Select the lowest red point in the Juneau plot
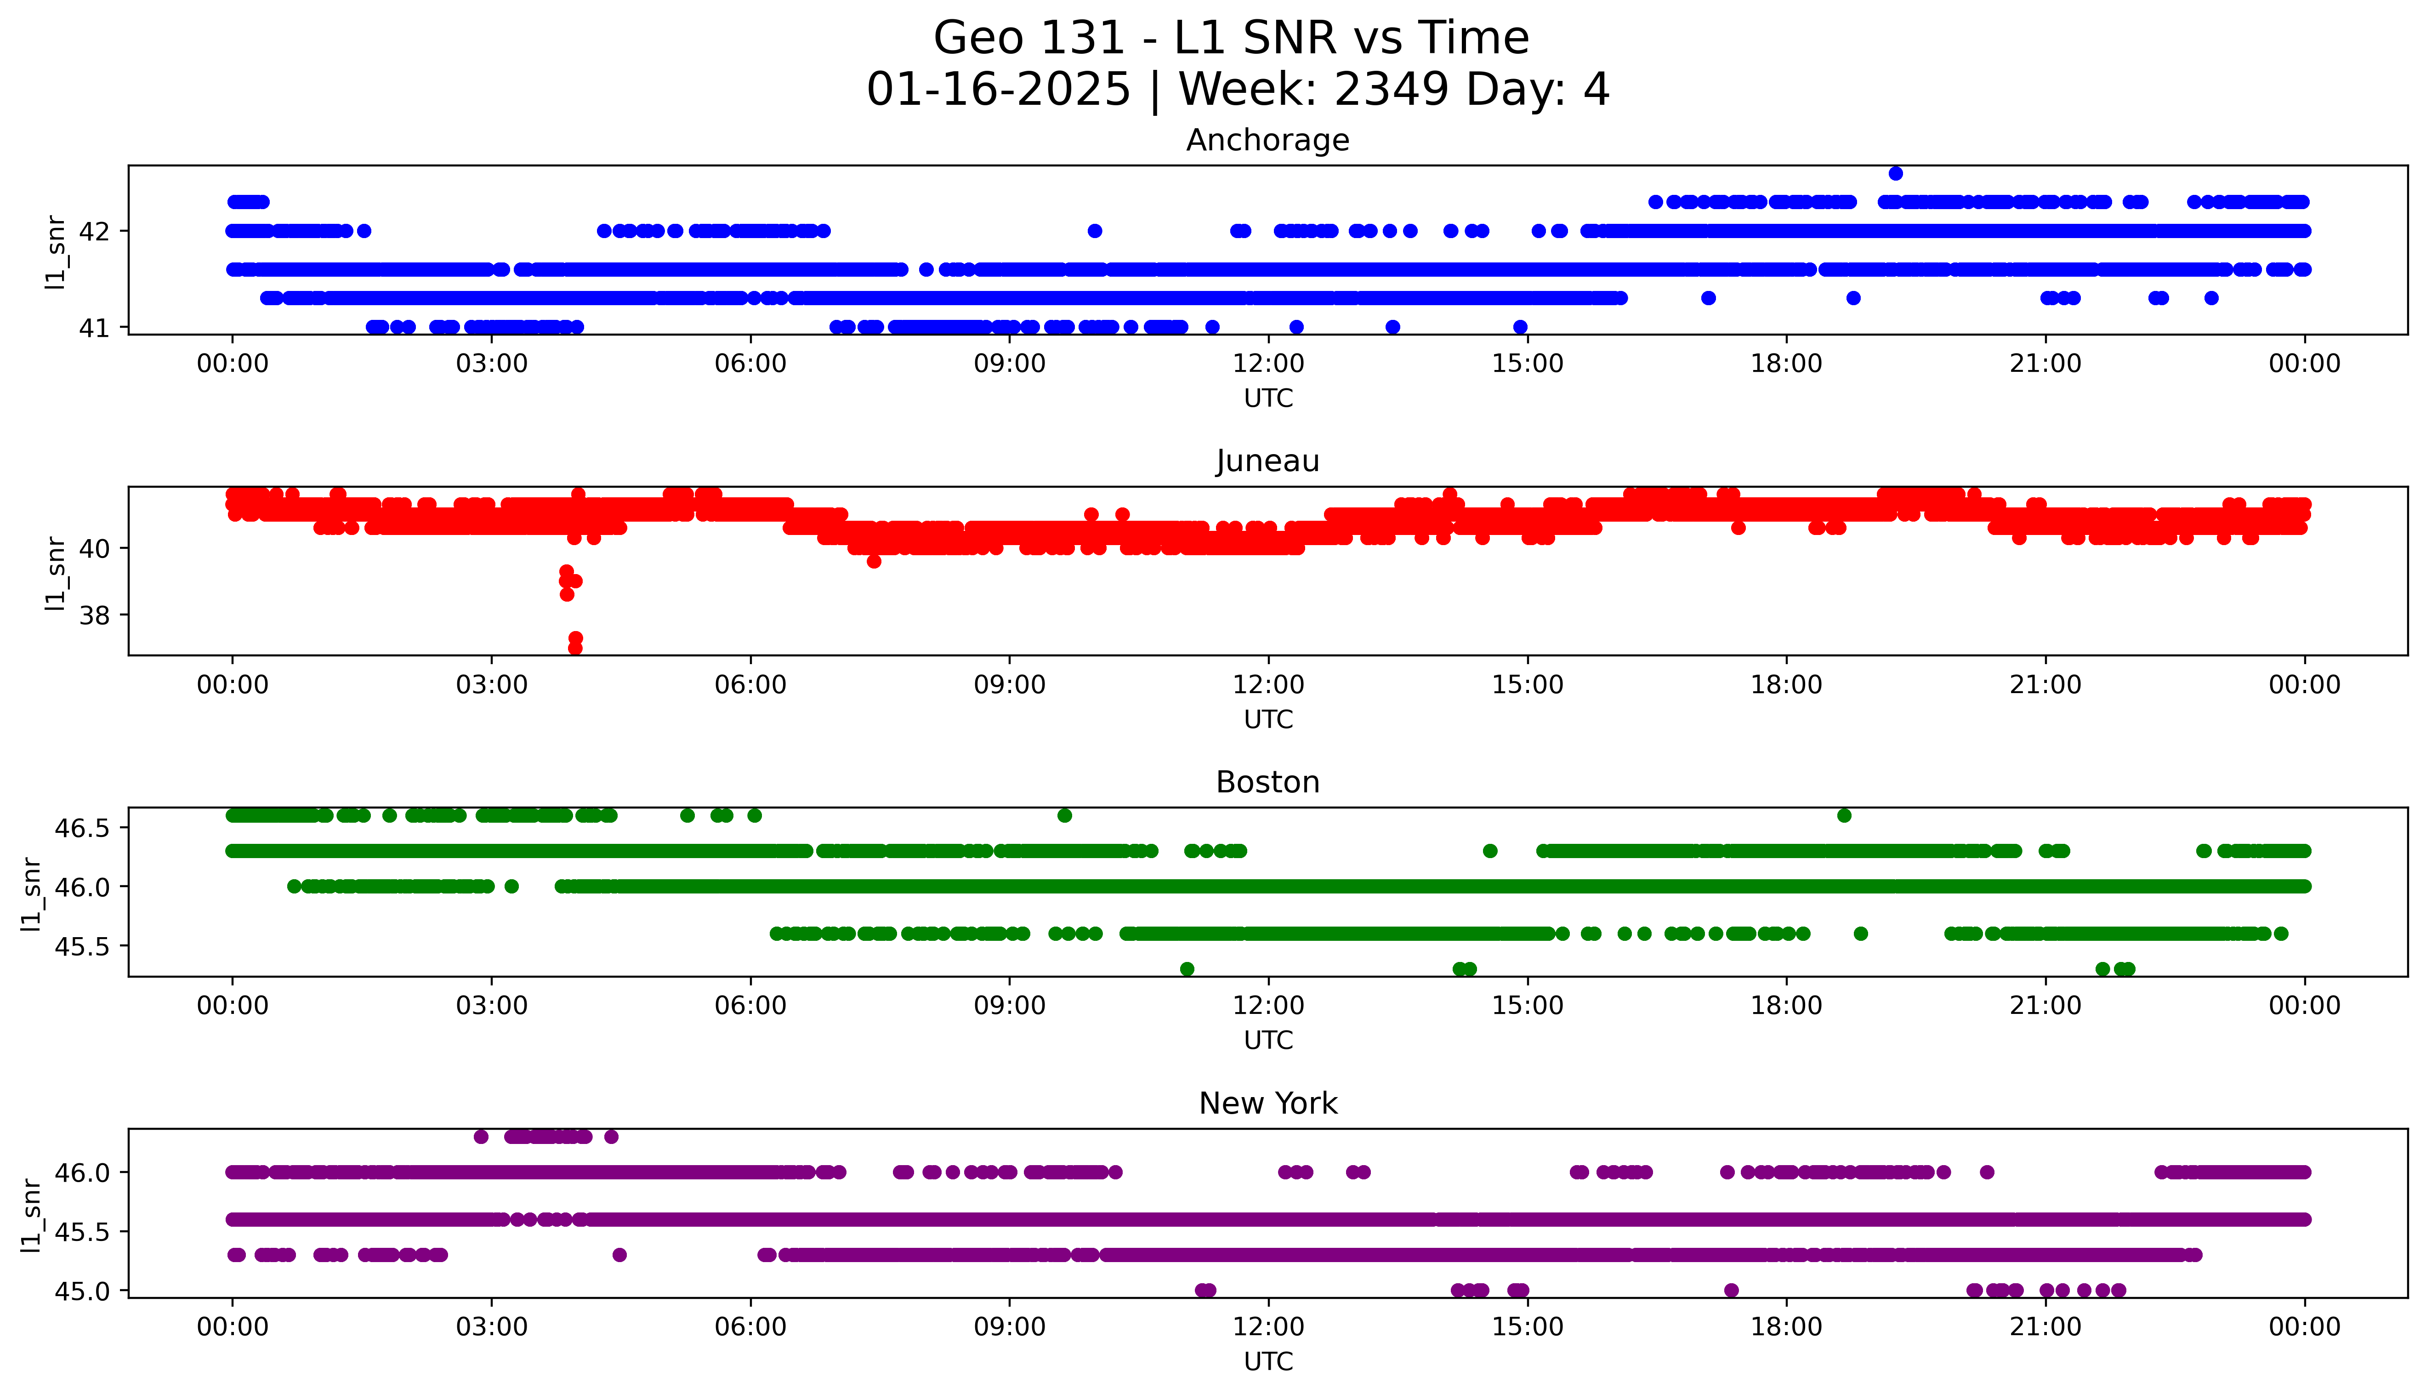[x=575, y=648]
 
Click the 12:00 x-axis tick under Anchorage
[x=1268, y=364]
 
